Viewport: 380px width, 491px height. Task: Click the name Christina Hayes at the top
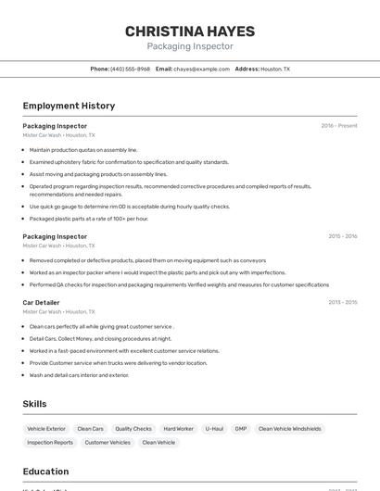click(x=190, y=31)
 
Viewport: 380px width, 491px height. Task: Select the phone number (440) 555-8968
click(x=130, y=69)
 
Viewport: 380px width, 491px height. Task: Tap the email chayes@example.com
click(x=201, y=69)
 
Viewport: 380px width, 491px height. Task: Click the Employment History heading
click(x=69, y=106)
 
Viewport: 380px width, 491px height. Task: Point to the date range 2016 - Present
click(x=338, y=126)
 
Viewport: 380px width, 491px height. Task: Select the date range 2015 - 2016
click(x=342, y=236)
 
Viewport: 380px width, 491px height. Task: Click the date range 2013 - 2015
click(x=342, y=303)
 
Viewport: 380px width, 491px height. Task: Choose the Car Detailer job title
click(x=41, y=303)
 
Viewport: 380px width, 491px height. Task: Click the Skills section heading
click(x=34, y=404)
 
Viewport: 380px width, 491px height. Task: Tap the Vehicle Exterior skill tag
click(x=46, y=429)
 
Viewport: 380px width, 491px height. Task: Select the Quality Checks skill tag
click(x=133, y=429)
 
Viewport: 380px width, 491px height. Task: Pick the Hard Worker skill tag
click(x=178, y=429)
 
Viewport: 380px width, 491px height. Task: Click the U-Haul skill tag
click(x=214, y=429)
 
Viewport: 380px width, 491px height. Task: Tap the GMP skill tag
click(x=241, y=429)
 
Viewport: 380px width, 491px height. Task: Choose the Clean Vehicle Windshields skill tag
click(x=290, y=429)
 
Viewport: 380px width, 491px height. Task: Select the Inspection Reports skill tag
click(x=50, y=443)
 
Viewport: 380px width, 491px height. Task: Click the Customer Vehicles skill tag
click(x=108, y=443)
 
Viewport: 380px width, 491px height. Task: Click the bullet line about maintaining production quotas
click(x=83, y=149)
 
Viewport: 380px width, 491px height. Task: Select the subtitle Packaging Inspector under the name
click(x=190, y=46)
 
